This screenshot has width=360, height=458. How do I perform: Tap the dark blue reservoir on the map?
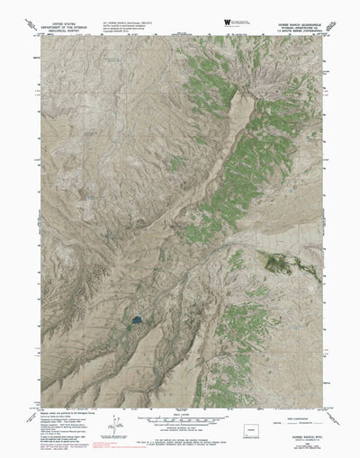135,320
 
